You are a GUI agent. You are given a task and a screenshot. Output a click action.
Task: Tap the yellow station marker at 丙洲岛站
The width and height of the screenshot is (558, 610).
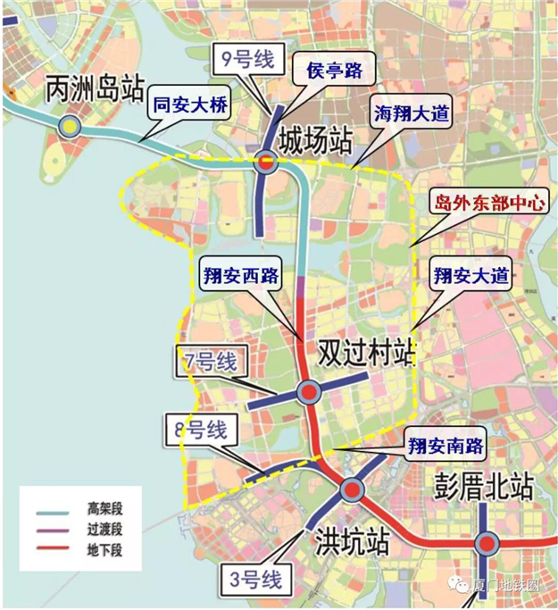(69, 127)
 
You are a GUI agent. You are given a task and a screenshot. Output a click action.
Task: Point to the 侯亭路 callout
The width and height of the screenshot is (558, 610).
(328, 70)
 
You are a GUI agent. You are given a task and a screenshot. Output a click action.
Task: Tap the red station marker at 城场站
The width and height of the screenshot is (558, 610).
(265, 162)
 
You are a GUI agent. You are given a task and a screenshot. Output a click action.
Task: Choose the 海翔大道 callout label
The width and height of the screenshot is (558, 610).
(410, 113)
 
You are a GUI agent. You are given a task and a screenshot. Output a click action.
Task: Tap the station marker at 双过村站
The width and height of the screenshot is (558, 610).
(307, 392)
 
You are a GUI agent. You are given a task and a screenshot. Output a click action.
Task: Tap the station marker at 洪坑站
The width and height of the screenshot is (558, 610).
(350, 489)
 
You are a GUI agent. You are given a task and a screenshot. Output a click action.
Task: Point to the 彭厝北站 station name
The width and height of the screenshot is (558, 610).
(483, 487)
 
